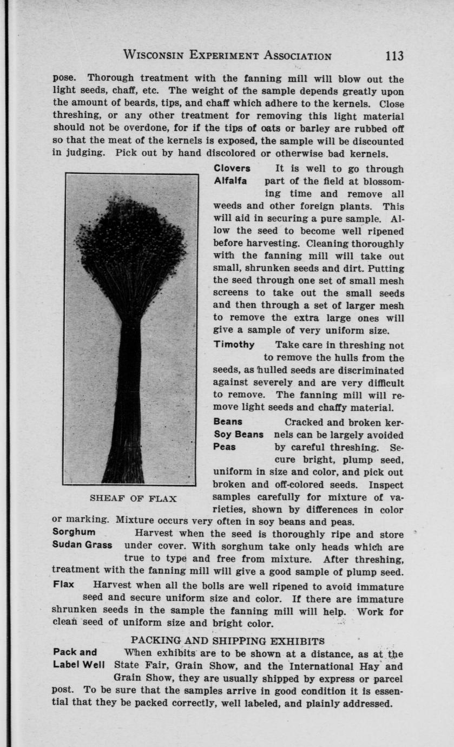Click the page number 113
(x=394, y=55)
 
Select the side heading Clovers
(x=232, y=168)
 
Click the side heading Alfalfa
(x=231, y=181)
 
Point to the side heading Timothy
(x=234, y=345)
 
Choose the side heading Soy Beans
(x=239, y=435)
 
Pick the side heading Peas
(x=225, y=447)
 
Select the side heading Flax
(x=63, y=585)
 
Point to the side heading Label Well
(x=79, y=665)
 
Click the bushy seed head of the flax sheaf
(x=131, y=238)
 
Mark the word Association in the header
(x=290, y=55)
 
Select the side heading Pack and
(x=75, y=652)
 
